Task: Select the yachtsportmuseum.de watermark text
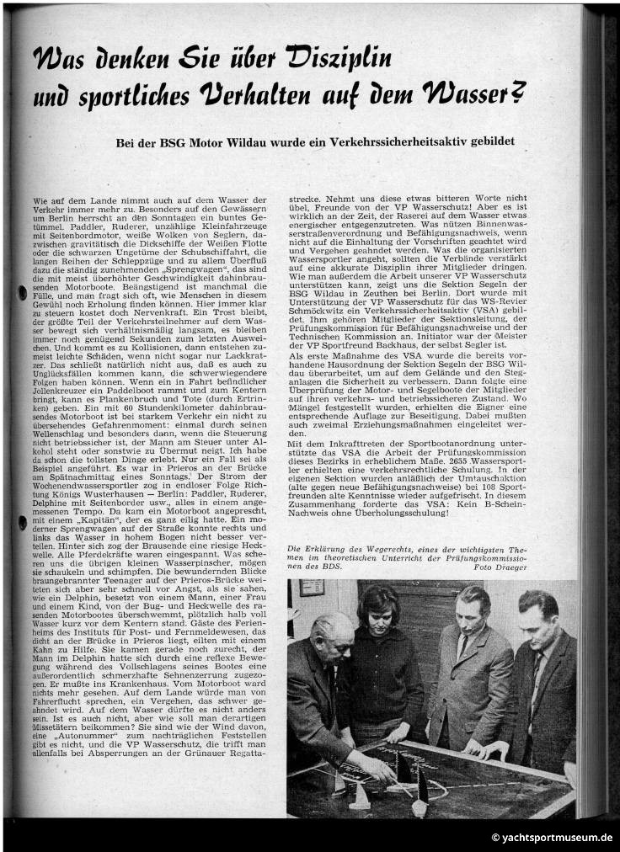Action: click(551, 838)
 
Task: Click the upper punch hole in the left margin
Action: click(21, 293)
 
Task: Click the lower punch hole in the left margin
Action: click(21, 522)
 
